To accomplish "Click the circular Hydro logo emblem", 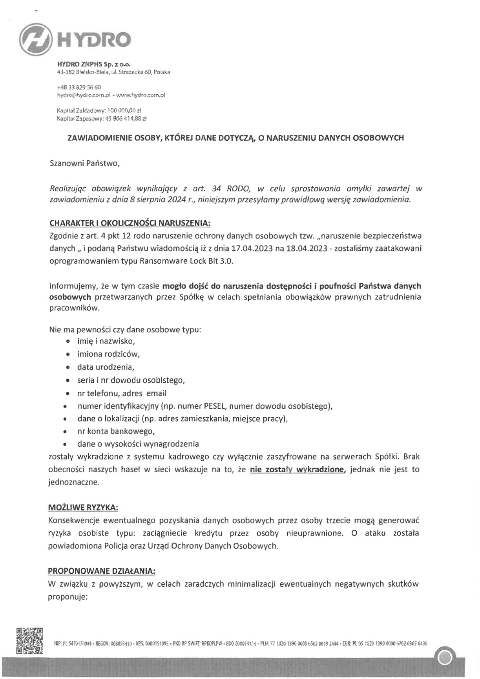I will pyautogui.click(x=35, y=39).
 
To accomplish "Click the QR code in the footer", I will pyautogui.click(x=29, y=641).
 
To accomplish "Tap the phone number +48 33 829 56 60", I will pyautogui.click(x=79, y=87).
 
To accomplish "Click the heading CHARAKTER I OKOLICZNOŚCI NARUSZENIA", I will pyautogui.click(x=130, y=224).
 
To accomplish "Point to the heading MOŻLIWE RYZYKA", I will pyautogui.click(x=82, y=508).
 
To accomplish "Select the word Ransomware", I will pyautogui.click(x=159, y=261).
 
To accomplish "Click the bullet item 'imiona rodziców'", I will pyautogui.click(x=108, y=354).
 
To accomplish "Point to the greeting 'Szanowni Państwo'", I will pyautogui.click(x=84, y=163).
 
